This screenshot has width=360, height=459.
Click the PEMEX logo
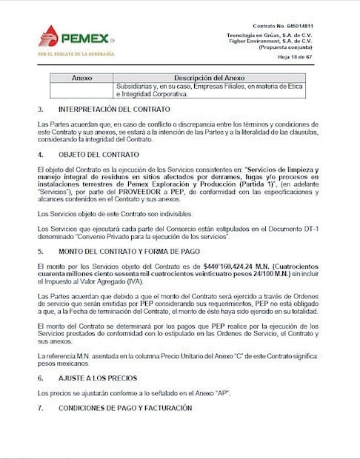point(74,37)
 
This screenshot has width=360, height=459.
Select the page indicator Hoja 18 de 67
point(295,56)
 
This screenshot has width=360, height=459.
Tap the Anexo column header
point(81,78)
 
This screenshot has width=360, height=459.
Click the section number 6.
point(41,378)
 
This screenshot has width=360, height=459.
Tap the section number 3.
point(41,109)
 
